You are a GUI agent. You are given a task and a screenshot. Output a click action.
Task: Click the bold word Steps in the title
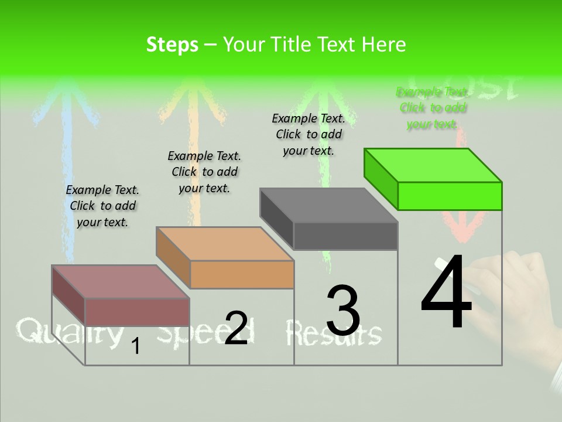tap(172, 45)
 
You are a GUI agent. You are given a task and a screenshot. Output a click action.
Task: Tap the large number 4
tap(446, 291)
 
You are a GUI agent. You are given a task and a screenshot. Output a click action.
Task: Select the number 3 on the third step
tap(343, 311)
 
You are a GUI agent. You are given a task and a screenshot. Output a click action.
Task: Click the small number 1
tap(136, 346)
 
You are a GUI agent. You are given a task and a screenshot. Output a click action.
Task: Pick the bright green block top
tap(433, 165)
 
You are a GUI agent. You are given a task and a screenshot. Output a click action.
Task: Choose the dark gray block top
tap(329, 205)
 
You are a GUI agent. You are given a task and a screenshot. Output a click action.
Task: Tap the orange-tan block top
tap(225, 244)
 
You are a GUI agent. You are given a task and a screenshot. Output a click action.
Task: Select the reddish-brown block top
tap(121, 282)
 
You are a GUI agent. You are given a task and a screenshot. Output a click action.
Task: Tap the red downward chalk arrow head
tap(463, 229)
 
